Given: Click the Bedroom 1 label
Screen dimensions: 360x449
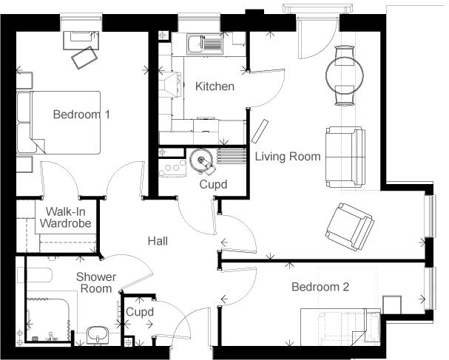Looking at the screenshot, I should tap(81, 115).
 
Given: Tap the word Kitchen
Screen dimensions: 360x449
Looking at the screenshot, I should tap(215, 86).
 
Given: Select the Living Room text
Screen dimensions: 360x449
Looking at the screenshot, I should tap(288, 157).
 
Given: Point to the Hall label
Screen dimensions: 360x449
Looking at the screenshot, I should tap(158, 241).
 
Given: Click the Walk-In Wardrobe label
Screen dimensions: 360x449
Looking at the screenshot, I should tap(65, 217).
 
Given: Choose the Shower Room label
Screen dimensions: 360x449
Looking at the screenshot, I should tap(96, 282).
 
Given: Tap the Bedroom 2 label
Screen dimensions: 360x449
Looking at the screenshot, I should tap(320, 287).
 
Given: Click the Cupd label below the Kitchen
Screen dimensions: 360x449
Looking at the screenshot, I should tap(213, 184).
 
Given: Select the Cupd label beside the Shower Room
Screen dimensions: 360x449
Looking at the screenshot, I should tap(139, 313).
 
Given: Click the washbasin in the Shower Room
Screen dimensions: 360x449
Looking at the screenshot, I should tap(97, 334).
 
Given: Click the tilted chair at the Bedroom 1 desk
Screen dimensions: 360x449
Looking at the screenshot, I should tap(84, 56).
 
